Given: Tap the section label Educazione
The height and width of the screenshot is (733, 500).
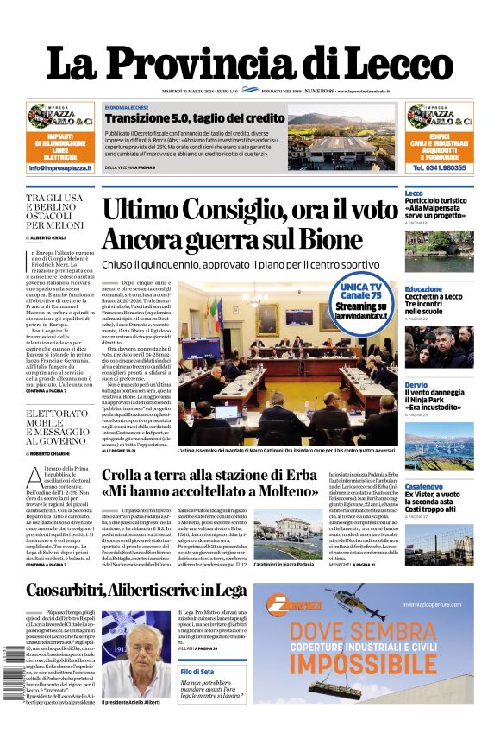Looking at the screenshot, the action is [423, 289].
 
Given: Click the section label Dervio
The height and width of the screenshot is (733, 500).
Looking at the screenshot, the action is [416, 385].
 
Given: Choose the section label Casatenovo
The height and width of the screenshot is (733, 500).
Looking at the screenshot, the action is [425, 486].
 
